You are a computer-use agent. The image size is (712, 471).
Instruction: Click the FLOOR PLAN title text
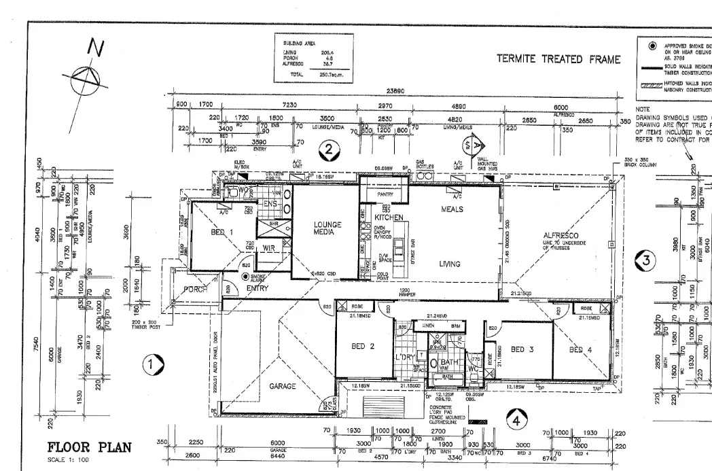88,448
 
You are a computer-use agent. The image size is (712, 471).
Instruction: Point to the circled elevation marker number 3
647,259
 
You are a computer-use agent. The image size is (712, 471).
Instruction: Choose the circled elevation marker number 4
516,421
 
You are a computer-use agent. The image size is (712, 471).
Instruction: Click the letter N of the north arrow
97,48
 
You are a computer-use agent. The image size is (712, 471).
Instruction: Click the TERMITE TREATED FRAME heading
558,59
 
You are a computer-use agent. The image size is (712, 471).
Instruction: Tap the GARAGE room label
283,386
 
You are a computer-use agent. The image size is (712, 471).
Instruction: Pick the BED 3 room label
522,349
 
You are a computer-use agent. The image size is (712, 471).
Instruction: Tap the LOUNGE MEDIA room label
327,228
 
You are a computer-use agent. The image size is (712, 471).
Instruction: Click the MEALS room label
452,209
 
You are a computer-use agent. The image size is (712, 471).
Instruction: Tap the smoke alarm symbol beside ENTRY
245,277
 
